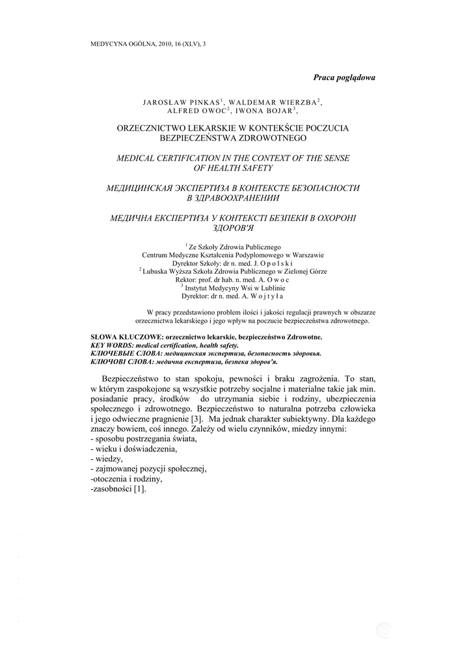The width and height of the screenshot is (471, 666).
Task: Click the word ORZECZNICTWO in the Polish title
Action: point(155,129)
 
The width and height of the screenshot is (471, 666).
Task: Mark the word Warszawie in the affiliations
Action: point(306,255)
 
